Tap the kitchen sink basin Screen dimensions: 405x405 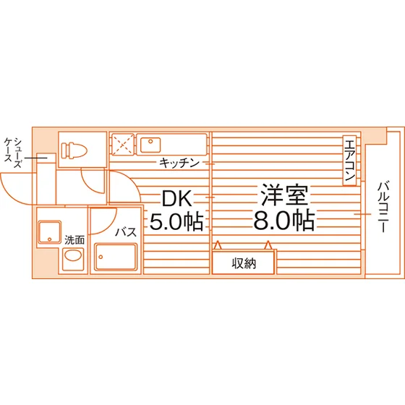click(150, 145)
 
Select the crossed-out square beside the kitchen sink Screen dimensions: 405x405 click(123, 145)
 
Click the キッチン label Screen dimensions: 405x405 click(179, 163)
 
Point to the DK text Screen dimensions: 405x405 click(177, 198)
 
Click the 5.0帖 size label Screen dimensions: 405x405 click(176, 221)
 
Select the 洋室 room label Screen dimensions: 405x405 click(284, 195)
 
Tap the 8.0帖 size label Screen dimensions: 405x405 click(284, 221)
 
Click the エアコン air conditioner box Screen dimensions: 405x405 click(349, 161)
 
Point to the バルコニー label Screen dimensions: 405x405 click(383, 207)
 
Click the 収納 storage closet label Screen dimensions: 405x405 click(244, 263)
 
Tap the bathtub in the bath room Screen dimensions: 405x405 click(116, 257)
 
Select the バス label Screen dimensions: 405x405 click(126, 232)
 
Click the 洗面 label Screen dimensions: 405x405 click(74, 240)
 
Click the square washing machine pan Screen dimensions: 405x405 click(50, 232)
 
